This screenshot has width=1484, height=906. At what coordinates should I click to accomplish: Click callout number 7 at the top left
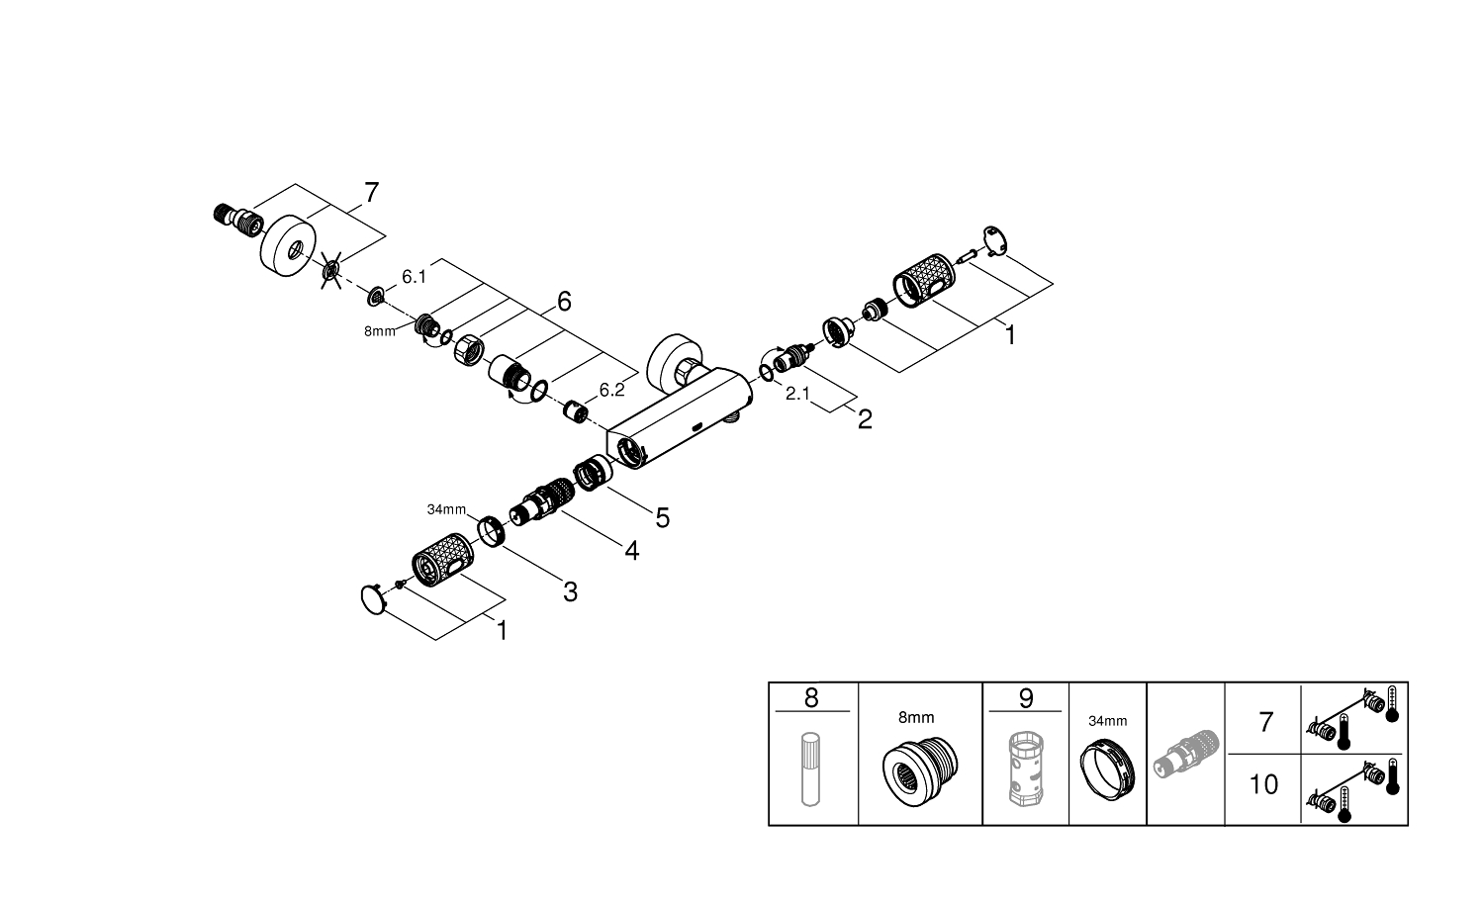coord(372,193)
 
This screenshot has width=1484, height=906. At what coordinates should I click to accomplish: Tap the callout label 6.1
coord(415,277)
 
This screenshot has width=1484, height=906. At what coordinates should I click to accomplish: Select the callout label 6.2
coord(611,390)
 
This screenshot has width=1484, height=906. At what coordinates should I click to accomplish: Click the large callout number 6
coord(564,302)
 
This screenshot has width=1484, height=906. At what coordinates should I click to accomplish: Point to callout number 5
coord(663,518)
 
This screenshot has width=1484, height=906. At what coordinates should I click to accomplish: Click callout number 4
coord(631,551)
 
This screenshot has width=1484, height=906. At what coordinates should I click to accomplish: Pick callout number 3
coord(571,592)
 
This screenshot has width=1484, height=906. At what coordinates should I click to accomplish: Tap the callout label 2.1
coord(797,394)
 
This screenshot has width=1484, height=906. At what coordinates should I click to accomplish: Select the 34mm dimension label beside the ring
coord(446,509)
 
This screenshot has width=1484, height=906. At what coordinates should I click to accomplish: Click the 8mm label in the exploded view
coord(380,331)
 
